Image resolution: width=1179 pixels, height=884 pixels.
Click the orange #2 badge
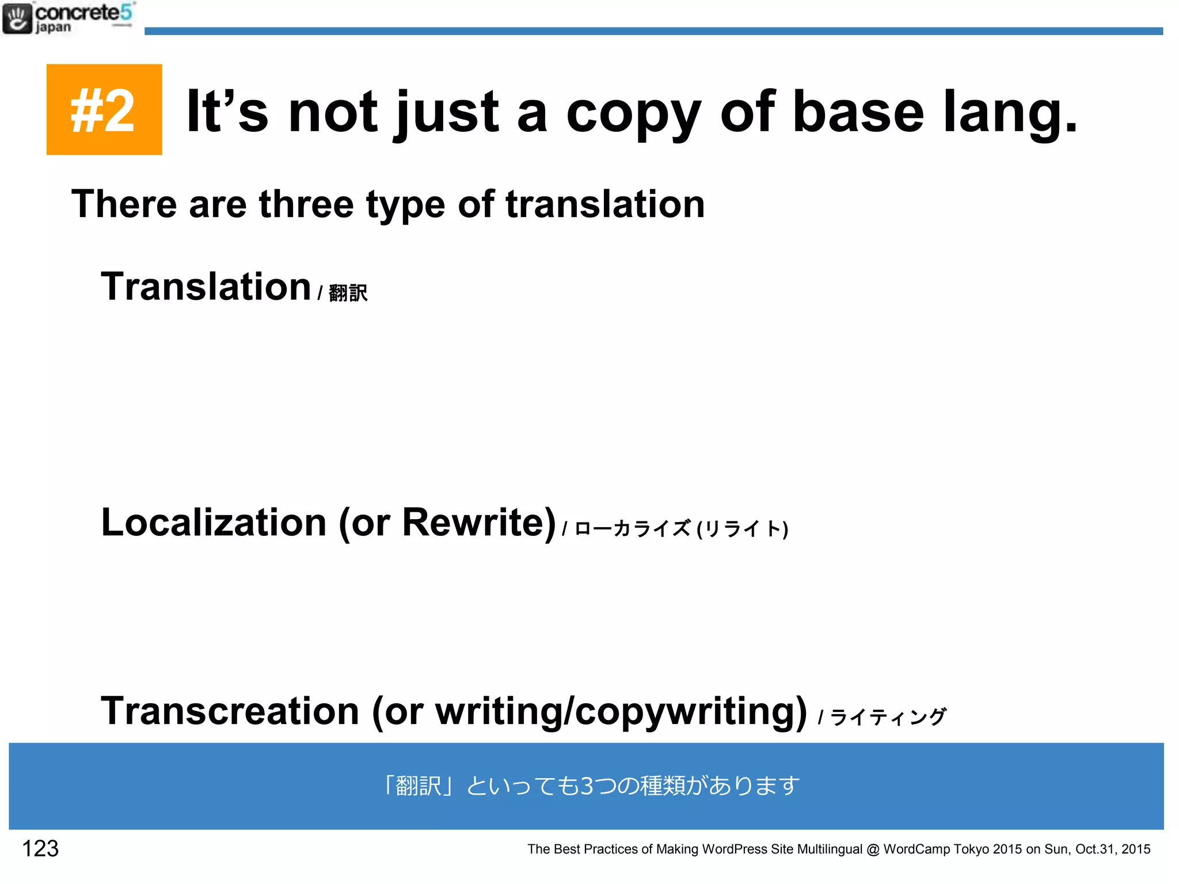pyautogui.click(x=104, y=109)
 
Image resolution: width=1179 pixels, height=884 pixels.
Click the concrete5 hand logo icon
pyautogui.click(x=17, y=18)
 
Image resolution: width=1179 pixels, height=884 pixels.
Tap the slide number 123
pyautogui.click(x=40, y=848)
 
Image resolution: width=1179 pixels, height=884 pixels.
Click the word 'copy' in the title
pyautogui.click(x=634, y=112)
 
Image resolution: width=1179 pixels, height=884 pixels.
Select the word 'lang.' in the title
pyautogui.click(x=1011, y=112)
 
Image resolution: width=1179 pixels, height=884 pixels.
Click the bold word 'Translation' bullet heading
pyautogui.click(x=206, y=287)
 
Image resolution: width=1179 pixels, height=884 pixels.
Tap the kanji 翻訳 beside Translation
pyautogui.click(x=348, y=293)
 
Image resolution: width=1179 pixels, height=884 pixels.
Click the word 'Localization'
pyautogui.click(x=214, y=523)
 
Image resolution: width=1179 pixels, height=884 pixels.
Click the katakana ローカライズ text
pyautogui.click(x=632, y=528)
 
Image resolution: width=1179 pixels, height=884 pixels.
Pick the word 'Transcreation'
pyautogui.click(x=230, y=711)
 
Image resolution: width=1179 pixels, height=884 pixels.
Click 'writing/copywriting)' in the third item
pyautogui.click(x=621, y=712)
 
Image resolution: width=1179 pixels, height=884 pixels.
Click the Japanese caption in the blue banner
pyautogui.click(x=589, y=786)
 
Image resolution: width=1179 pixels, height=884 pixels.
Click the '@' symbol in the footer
pyautogui.click(x=873, y=849)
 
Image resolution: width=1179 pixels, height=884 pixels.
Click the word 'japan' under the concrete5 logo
pyautogui.click(x=53, y=27)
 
